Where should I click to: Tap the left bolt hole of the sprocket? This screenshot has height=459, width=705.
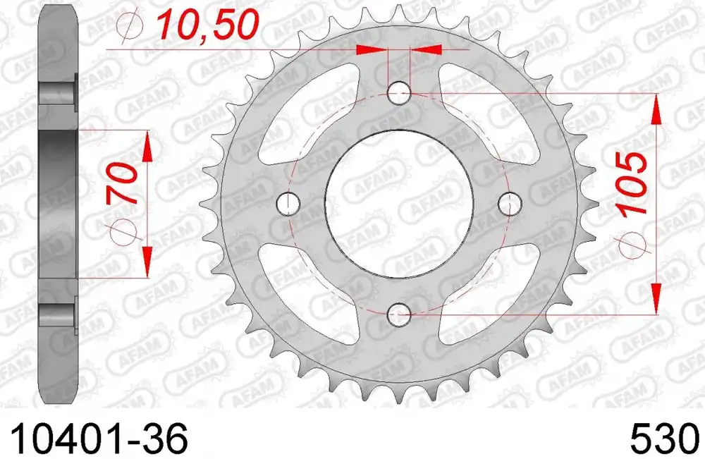(289, 203)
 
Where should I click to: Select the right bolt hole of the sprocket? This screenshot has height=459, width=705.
(509, 203)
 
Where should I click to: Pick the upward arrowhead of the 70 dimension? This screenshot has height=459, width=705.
(147, 147)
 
